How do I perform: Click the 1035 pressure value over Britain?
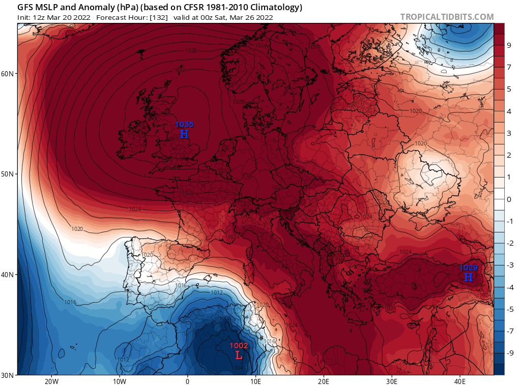[x=184, y=124]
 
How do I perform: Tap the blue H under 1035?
[x=184, y=134]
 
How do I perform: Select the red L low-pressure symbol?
[x=239, y=355]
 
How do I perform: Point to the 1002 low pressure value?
[x=239, y=345]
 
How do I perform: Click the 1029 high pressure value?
[x=469, y=268]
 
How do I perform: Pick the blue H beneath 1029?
[x=469, y=277]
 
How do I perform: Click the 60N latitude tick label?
[x=8, y=74]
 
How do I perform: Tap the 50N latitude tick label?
[x=8, y=174]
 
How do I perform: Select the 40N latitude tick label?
[x=8, y=275]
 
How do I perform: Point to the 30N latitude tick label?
[x=8, y=375]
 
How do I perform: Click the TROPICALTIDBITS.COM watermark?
[x=447, y=17]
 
